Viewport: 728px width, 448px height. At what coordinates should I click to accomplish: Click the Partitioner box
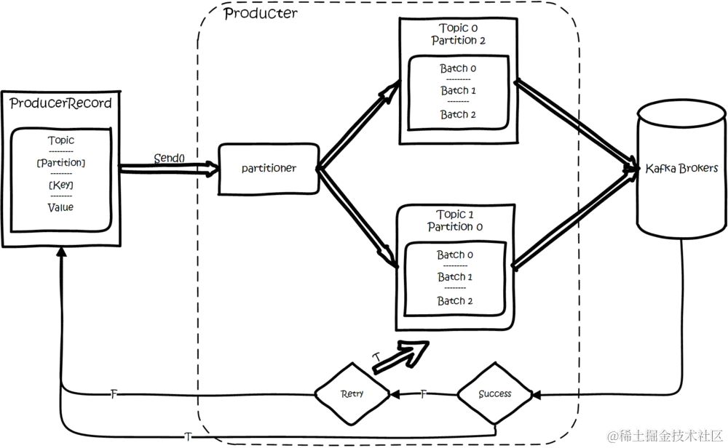click(x=269, y=169)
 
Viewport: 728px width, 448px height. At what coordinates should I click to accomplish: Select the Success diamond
click(x=495, y=393)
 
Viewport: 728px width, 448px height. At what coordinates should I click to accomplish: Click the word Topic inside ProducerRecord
click(x=60, y=140)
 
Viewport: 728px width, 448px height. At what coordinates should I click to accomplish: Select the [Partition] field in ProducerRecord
click(x=60, y=163)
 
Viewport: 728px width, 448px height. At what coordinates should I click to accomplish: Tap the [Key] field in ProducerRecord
click(x=60, y=186)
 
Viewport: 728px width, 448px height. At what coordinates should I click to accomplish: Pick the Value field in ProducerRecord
click(x=60, y=208)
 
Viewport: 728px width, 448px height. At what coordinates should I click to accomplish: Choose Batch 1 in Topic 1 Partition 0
click(x=456, y=277)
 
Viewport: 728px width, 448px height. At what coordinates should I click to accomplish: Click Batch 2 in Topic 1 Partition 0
click(x=456, y=301)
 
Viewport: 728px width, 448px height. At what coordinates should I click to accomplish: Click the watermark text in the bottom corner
click(x=663, y=436)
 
